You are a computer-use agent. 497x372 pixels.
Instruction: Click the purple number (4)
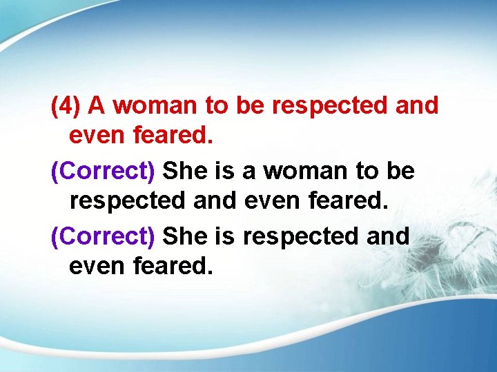66,106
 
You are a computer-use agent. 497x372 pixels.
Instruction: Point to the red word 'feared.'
175,137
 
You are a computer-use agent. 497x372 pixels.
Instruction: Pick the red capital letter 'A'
97,106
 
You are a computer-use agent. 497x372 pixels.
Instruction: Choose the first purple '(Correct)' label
103,170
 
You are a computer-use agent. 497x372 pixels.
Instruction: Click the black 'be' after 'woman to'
400,170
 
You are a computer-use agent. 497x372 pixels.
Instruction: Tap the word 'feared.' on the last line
175,265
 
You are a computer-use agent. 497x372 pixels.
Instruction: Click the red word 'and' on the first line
418,106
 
